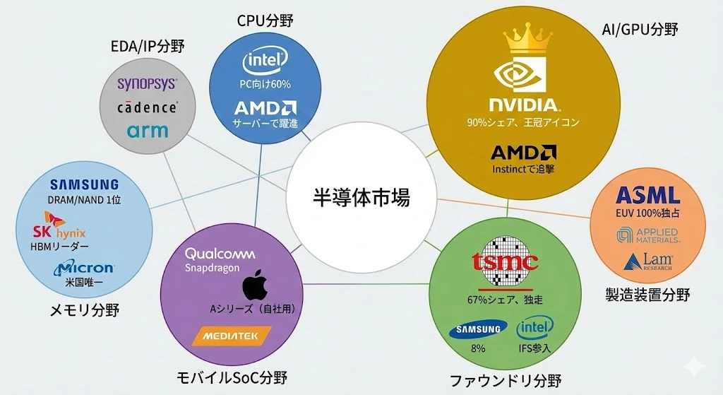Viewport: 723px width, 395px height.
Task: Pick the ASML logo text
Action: click(647, 195)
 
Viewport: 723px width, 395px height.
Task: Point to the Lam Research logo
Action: click(647, 262)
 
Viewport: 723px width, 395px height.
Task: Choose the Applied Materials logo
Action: click(647, 235)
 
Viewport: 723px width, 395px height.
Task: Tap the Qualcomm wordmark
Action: click(219, 254)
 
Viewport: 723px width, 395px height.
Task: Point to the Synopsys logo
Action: click(148, 84)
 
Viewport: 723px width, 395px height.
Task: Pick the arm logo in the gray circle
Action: click(148, 131)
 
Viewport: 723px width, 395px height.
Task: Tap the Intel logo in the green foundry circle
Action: click(534, 327)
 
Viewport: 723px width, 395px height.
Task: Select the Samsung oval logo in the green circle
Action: click(478, 329)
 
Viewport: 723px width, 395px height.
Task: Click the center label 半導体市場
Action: click(361, 197)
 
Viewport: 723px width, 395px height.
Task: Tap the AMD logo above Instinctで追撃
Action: click(522, 152)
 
